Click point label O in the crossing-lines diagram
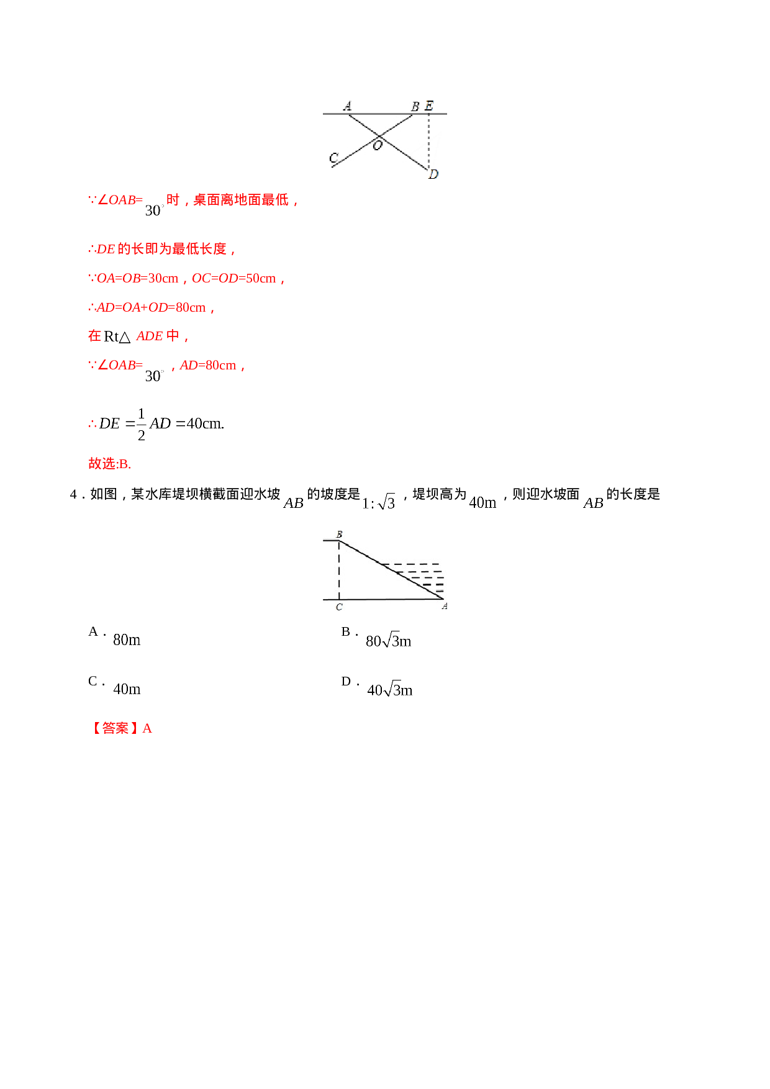(x=377, y=146)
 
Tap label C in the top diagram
(x=333, y=158)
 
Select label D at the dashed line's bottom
(x=433, y=174)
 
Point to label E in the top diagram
(x=428, y=106)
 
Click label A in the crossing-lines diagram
(x=347, y=106)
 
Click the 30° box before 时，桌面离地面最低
(x=155, y=210)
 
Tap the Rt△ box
(x=118, y=337)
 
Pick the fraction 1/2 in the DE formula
(x=142, y=424)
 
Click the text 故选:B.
(x=109, y=464)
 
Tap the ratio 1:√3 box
(x=379, y=502)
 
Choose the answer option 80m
(x=127, y=639)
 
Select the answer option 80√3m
(x=389, y=640)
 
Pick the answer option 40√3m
(x=390, y=689)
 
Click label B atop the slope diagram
(x=339, y=535)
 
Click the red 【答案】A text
(x=121, y=727)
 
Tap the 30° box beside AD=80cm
(x=155, y=376)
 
